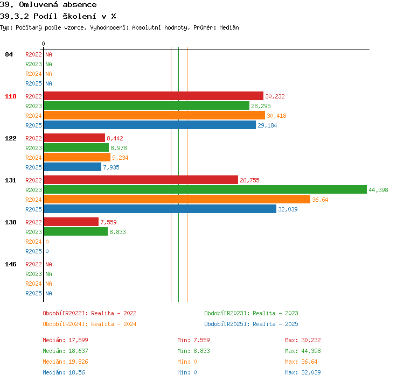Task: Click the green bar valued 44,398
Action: tap(205, 189)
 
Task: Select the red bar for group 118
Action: tap(154, 96)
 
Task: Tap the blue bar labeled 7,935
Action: tap(73, 167)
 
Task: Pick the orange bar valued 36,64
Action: tap(177, 199)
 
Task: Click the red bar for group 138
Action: tap(71, 222)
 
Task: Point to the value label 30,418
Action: tap(276, 116)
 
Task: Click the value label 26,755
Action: tap(249, 180)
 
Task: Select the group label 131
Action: tap(11, 180)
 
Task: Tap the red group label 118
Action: tap(11, 96)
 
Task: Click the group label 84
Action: tap(9, 54)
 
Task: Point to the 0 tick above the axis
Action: tap(43, 44)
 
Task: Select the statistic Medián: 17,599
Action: tap(65, 340)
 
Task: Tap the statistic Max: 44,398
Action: tap(303, 351)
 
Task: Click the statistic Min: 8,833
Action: tap(193, 351)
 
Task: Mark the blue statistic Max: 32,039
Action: tap(303, 372)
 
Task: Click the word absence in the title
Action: tap(80, 4)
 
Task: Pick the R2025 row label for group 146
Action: tap(33, 293)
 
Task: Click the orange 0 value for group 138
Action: tap(47, 242)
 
